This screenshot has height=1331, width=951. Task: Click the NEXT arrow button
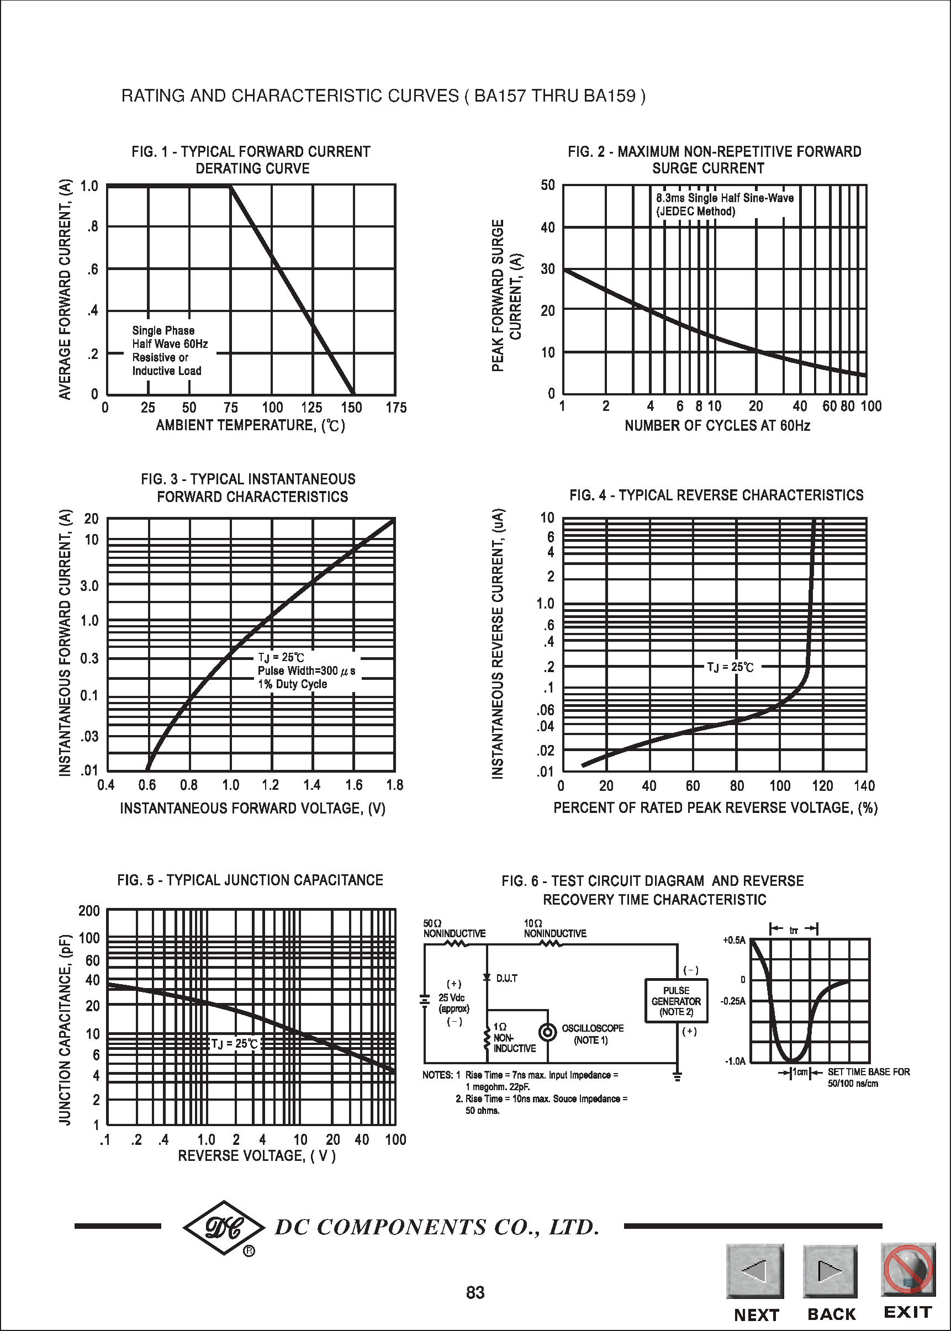tap(755, 1271)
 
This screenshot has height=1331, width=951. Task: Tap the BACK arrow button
tap(830, 1271)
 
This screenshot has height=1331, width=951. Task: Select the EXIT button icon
tap(907, 1269)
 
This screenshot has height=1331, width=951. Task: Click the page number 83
tap(475, 1292)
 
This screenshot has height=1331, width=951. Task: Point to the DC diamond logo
tap(224, 1228)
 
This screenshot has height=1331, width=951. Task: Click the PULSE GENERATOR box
tap(676, 1001)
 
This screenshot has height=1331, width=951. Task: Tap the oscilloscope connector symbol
tap(547, 1032)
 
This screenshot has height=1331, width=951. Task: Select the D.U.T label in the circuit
tap(506, 979)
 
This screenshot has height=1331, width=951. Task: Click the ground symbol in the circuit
tap(678, 1076)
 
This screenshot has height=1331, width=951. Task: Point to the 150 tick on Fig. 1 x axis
tap(351, 408)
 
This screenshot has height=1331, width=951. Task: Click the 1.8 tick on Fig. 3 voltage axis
tap(395, 785)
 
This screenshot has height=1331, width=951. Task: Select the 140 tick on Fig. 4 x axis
tap(864, 786)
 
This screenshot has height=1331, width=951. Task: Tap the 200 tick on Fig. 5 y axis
tap(89, 911)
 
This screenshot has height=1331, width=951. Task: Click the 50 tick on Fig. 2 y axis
tap(547, 185)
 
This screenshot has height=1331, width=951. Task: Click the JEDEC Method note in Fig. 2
tap(696, 212)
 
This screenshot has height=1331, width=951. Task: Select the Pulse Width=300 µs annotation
tap(307, 671)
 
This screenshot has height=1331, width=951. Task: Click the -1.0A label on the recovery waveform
tap(736, 1061)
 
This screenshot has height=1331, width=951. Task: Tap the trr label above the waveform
tap(794, 931)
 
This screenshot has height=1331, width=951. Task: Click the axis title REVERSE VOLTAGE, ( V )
tap(256, 1156)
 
